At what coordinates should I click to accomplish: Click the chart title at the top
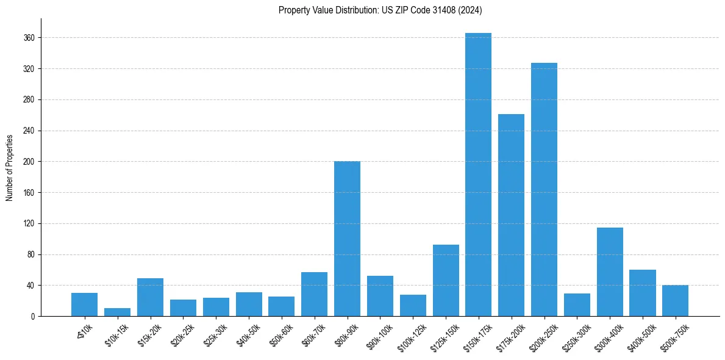(380, 10)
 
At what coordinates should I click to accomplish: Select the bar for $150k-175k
(478, 175)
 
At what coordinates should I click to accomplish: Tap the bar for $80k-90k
(347, 239)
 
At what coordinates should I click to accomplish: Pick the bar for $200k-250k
(544, 189)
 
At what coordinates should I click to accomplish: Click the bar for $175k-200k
(511, 215)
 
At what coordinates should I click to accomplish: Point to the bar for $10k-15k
(117, 312)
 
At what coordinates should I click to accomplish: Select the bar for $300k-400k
(610, 272)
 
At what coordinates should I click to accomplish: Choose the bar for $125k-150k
(446, 280)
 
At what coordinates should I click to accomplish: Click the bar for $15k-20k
(150, 297)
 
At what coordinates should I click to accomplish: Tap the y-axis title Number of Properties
(10, 167)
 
